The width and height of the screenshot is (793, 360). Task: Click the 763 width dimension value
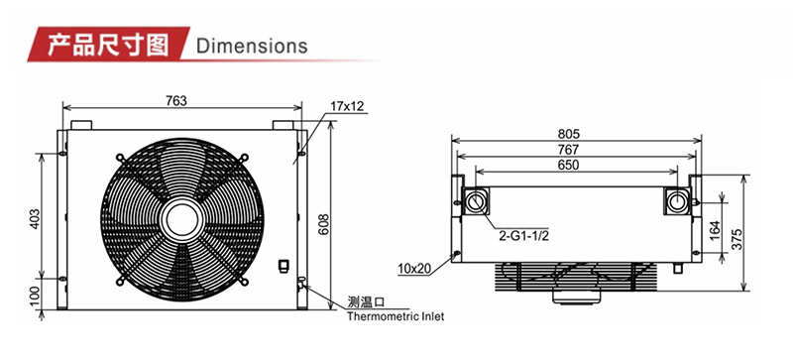[176, 101]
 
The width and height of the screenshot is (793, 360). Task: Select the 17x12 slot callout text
[347, 106]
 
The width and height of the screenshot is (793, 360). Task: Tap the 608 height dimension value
[324, 223]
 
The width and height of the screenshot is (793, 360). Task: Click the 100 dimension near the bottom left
[35, 297]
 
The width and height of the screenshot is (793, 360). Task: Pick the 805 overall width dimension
[569, 134]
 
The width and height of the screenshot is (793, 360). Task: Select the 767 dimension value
[569, 150]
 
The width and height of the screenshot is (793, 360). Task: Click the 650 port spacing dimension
[569, 165]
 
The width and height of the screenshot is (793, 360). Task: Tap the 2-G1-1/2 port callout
[524, 236]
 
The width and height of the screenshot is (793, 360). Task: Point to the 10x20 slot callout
[414, 269]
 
